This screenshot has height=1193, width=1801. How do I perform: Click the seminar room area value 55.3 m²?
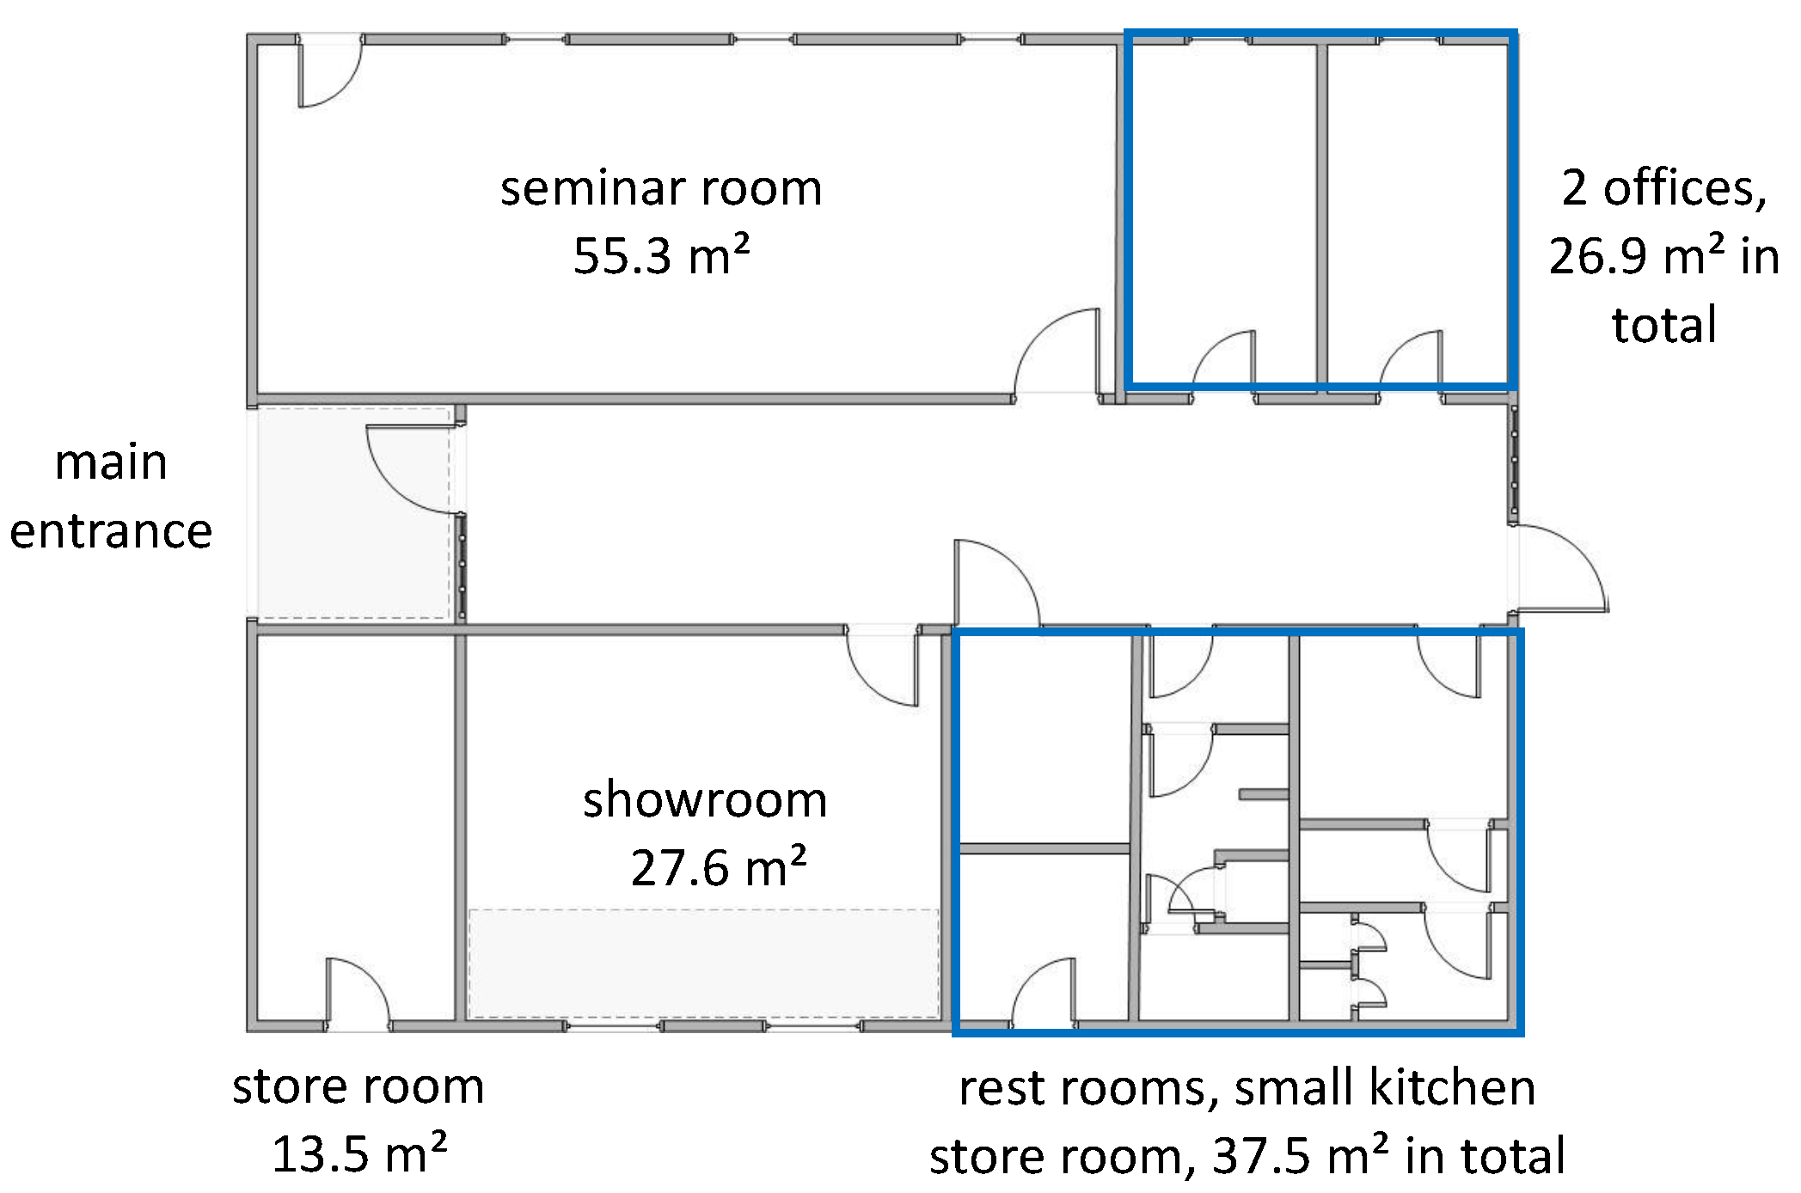[661, 255]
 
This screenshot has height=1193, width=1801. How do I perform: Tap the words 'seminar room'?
[661, 188]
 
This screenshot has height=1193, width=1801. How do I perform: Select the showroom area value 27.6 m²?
[718, 867]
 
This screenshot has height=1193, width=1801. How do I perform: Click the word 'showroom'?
[705, 799]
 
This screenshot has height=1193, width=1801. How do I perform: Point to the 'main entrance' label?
[111, 496]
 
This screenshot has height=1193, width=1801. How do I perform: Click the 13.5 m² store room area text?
[359, 1153]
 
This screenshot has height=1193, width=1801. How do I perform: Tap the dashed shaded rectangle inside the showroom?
[703, 963]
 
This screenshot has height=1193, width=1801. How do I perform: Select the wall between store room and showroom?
[460, 825]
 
